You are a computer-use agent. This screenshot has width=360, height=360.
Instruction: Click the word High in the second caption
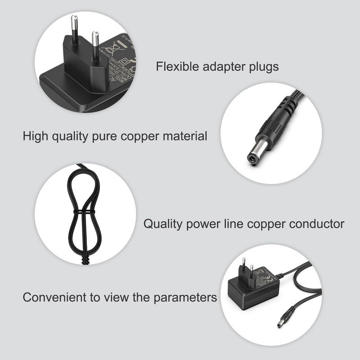coord(34,135)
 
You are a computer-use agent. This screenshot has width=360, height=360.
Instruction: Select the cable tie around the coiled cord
coord(81,211)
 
